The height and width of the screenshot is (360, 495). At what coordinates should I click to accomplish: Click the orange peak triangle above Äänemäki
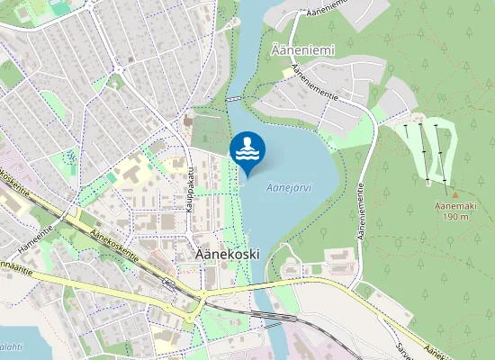454,194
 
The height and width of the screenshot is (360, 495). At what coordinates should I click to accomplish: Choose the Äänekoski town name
227,255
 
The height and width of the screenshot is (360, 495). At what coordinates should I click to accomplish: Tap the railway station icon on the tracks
167,283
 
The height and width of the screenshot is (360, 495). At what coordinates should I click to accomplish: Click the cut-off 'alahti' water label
11,346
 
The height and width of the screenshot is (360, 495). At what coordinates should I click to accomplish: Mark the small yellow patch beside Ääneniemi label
288,73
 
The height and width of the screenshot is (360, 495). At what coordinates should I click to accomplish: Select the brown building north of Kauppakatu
188,121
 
